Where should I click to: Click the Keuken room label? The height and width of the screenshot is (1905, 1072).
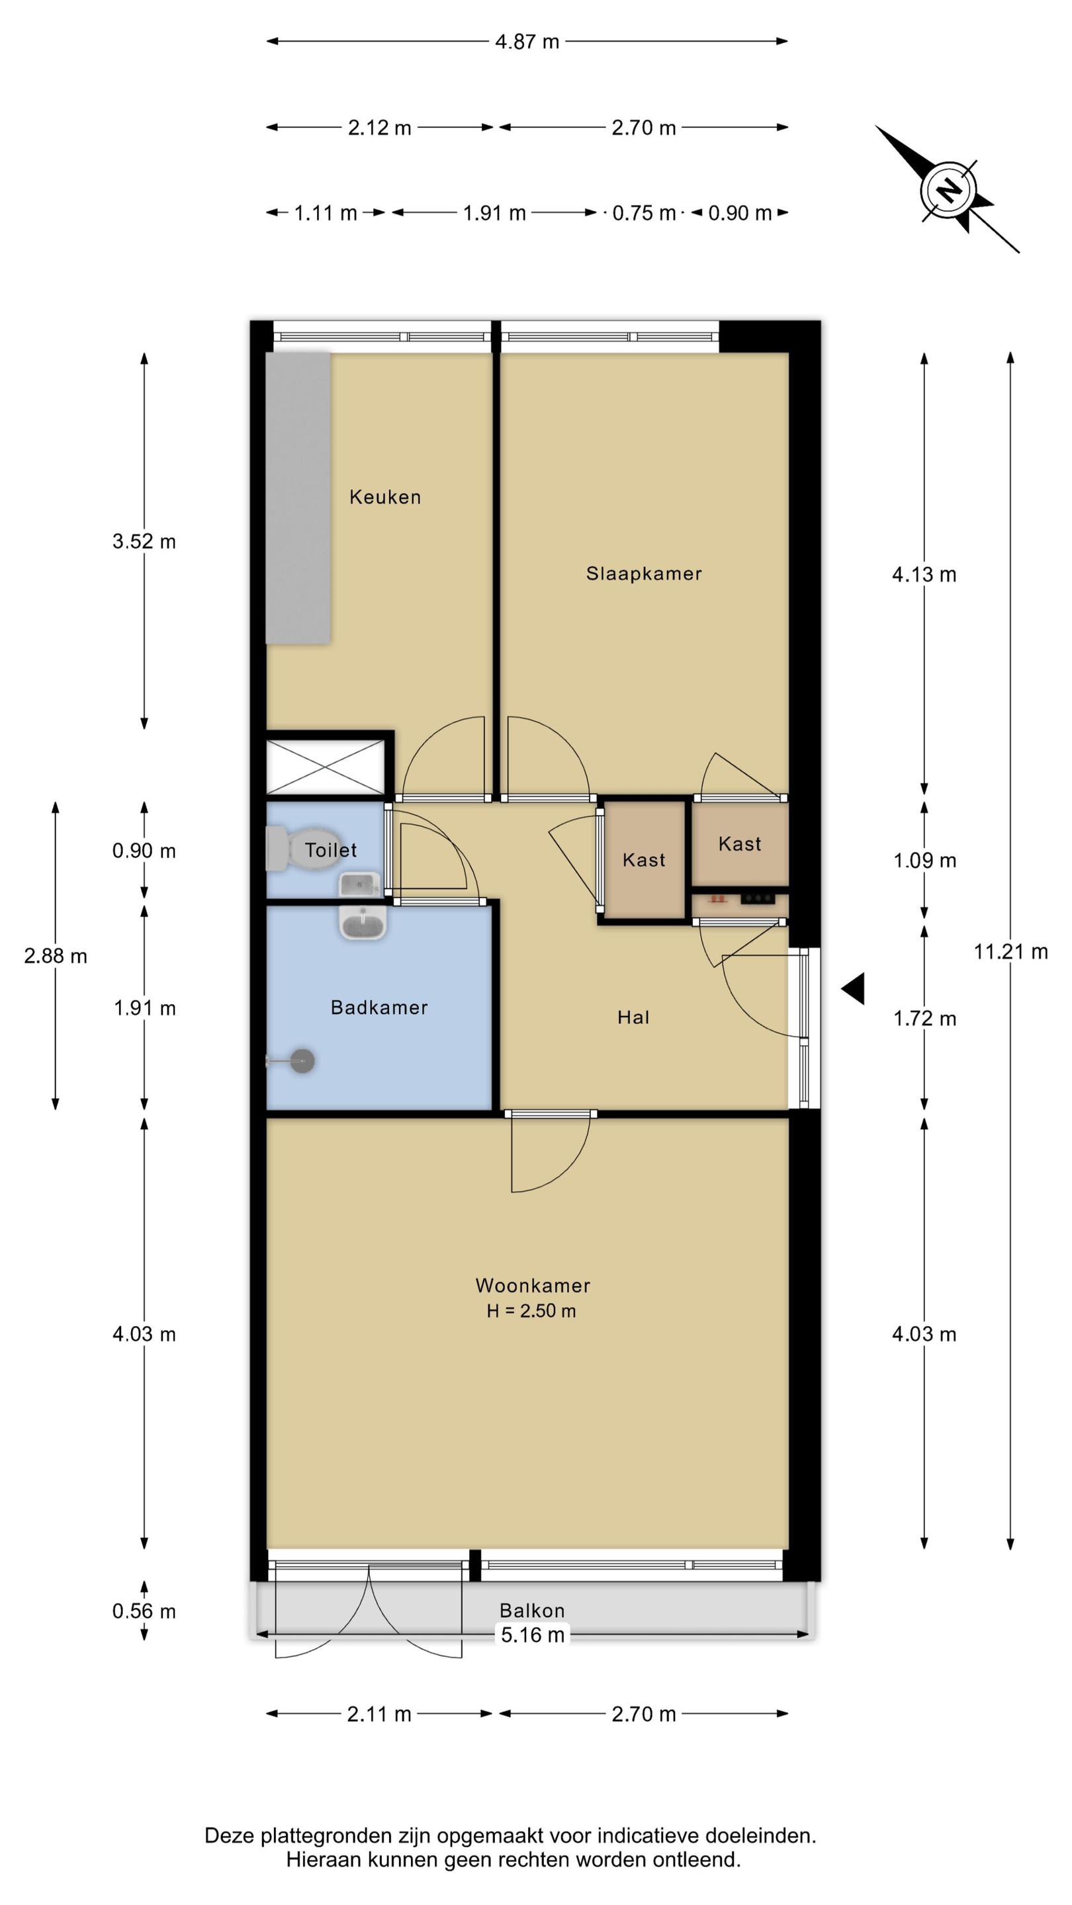384,496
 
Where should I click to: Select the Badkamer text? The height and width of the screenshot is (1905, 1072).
379,1007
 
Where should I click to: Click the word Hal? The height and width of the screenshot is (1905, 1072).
633,1017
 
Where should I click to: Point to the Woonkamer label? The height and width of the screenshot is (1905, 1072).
533,1285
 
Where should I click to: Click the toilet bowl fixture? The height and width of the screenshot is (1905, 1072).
300,849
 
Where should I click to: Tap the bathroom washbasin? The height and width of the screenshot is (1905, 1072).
363,922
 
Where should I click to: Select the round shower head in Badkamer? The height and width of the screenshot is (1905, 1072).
302,1060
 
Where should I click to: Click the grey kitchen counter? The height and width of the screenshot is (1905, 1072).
298,497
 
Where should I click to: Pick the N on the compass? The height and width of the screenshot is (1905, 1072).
948,189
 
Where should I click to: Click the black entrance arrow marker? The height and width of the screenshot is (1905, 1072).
853,989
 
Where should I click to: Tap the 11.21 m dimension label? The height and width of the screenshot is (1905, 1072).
1010,951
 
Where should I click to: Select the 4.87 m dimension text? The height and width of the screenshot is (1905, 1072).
527,42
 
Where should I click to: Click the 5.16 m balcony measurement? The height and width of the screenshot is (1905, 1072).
533,1634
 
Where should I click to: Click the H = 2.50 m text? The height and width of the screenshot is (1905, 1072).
531,1310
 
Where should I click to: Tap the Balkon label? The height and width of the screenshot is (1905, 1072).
532,1610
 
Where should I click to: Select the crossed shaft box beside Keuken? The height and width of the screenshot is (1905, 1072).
326,767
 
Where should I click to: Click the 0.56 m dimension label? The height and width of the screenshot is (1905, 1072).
144,1611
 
